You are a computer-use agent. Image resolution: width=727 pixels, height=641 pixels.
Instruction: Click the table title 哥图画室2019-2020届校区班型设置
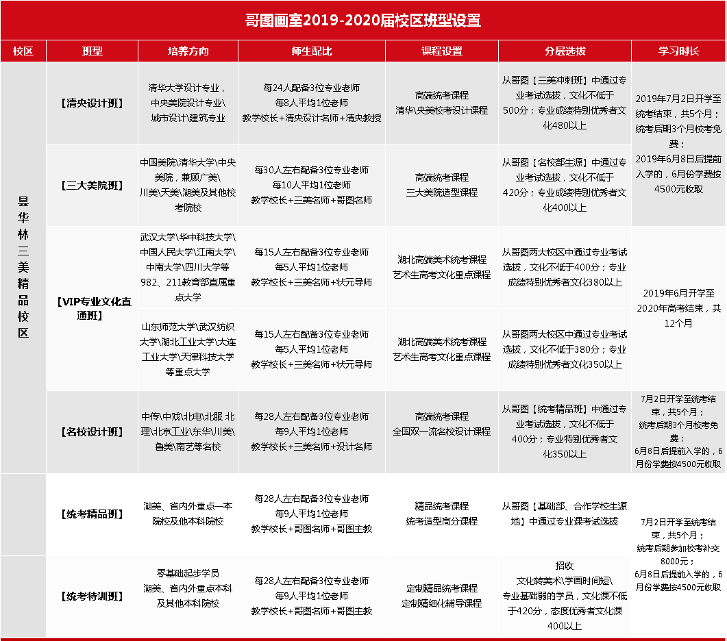pyautogui.click(x=363, y=21)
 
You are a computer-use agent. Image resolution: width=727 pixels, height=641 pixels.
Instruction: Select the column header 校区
pyautogui.click(x=23, y=51)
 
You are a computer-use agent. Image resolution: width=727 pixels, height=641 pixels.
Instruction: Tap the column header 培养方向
pyautogui.click(x=188, y=51)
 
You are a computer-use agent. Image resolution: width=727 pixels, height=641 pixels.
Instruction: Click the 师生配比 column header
pyautogui.click(x=312, y=51)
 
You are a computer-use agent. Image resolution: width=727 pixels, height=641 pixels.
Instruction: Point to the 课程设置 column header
pyautogui.click(x=442, y=51)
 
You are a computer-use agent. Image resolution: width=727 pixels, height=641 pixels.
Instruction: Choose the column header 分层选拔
pyautogui.click(x=565, y=51)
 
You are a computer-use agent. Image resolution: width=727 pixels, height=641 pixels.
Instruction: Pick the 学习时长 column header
pyautogui.click(x=679, y=51)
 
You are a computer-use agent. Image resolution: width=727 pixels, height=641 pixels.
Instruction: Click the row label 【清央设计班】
pyautogui.click(x=93, y=103)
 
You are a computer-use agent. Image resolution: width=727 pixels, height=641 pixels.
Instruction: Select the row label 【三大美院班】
pyautogui.click(x=93, y=185)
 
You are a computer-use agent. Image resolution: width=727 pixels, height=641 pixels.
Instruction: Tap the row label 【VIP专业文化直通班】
pyautogui.click(x=93, y=308)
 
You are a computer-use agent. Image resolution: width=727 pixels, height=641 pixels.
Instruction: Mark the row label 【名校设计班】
pyautogui.click(x=93, y=431)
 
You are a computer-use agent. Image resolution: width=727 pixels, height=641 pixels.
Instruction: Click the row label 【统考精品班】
pyautogui.click(x=93, y=514)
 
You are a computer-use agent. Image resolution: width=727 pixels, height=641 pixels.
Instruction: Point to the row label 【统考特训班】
pyautogui.click(x=93, y=596)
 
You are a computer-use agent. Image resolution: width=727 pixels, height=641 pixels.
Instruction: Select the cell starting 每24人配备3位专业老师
pyautogui.click(x=312, y=103)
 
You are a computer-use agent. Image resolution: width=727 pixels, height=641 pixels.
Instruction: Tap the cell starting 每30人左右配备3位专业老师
pyautogui.click(x=312, y=185)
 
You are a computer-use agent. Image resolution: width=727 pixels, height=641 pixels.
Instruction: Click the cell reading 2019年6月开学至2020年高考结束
pyautogui.click(x=679, y=308)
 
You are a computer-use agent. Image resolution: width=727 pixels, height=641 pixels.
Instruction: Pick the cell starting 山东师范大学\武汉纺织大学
pyautogui.click(x=188, y=349)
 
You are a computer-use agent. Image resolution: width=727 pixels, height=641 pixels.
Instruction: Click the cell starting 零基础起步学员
pyautogui.click(x=188, y=588)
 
